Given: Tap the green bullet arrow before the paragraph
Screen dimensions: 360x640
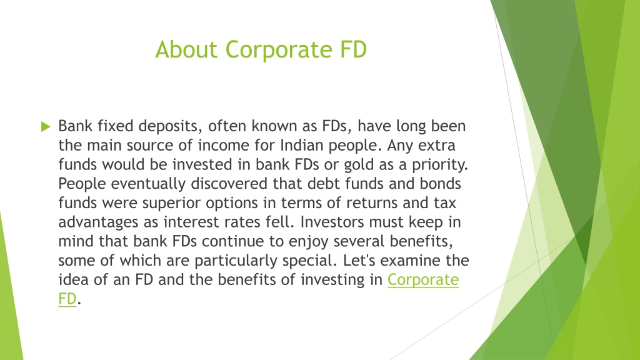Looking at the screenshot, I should [45, 127].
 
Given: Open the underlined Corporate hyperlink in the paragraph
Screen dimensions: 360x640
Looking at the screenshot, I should [423, 279].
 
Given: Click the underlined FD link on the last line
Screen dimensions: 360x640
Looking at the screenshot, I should [67, 299].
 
